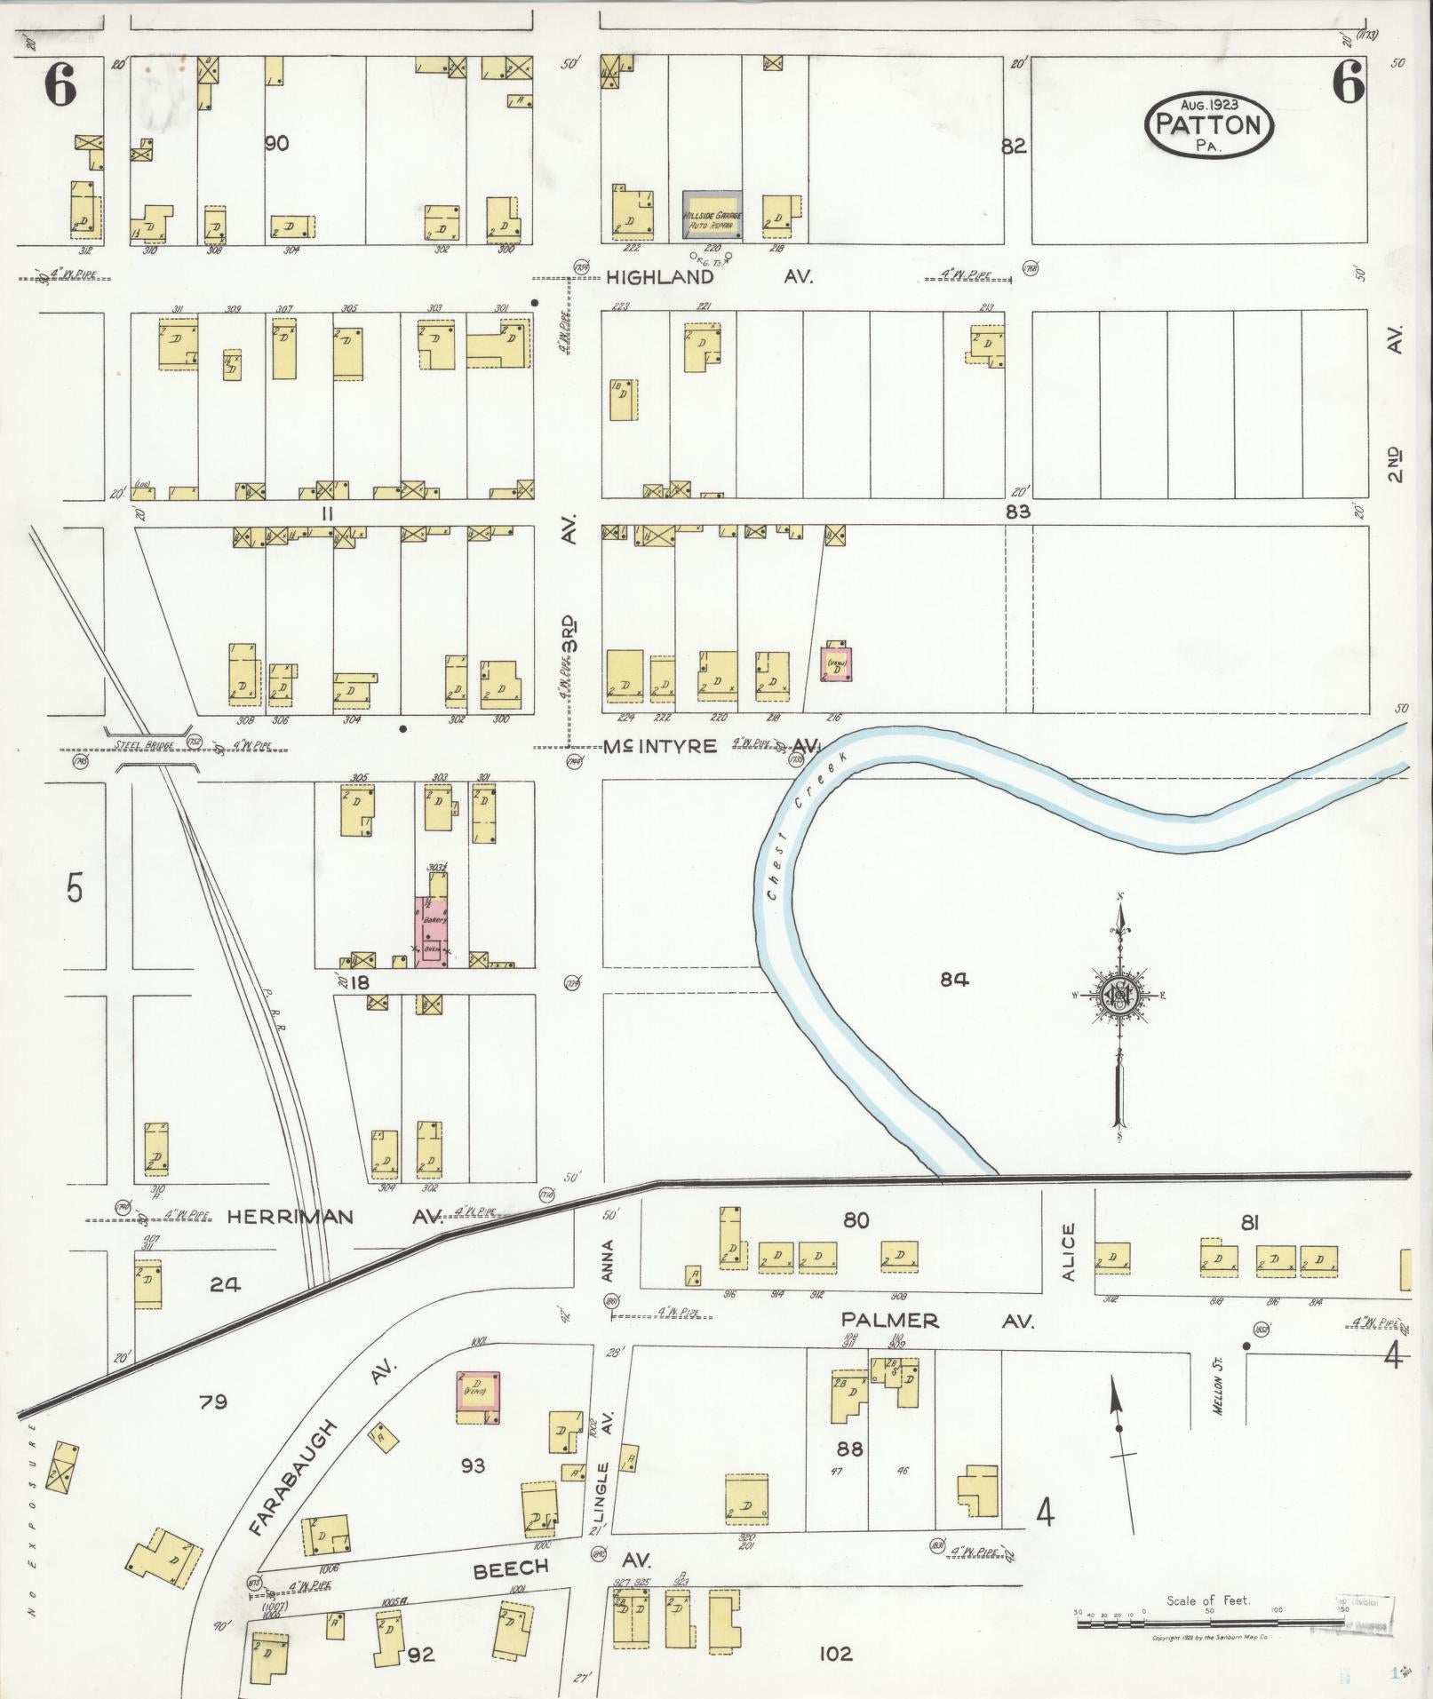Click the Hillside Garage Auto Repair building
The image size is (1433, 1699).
pyautogui.click(x=713, y=215)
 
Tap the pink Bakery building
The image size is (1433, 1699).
pyautogui.click(x=432, y=931)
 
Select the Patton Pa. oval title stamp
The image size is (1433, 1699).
pyautogui.click(x=1209, y=126)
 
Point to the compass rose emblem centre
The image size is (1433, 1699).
pyautogui.click(x=1120, y=995)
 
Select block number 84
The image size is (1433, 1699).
pyautogui.click(x=954, y=980)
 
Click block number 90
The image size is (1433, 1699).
pyautogui.click(x=276, y=143)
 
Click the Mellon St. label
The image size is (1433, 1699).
pyautogui.click(x=1218, y=1386)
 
